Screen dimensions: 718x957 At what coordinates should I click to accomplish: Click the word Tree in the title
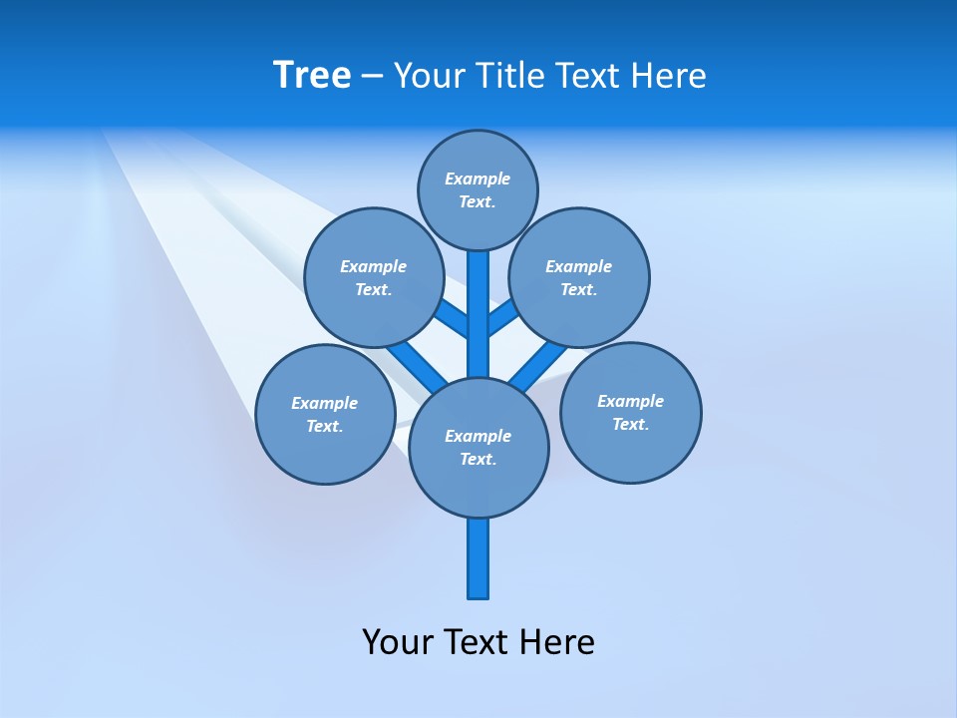click(312, 76)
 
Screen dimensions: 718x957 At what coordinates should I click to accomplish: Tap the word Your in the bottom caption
click(399, 641)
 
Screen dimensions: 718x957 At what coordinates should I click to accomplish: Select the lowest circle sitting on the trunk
click(478, 447)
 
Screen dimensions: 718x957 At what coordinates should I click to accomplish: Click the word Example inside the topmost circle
click(478, 179)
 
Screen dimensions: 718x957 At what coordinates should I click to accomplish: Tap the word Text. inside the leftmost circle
click(325, 427)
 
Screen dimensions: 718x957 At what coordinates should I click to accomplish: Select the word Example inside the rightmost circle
click(630, 401)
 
